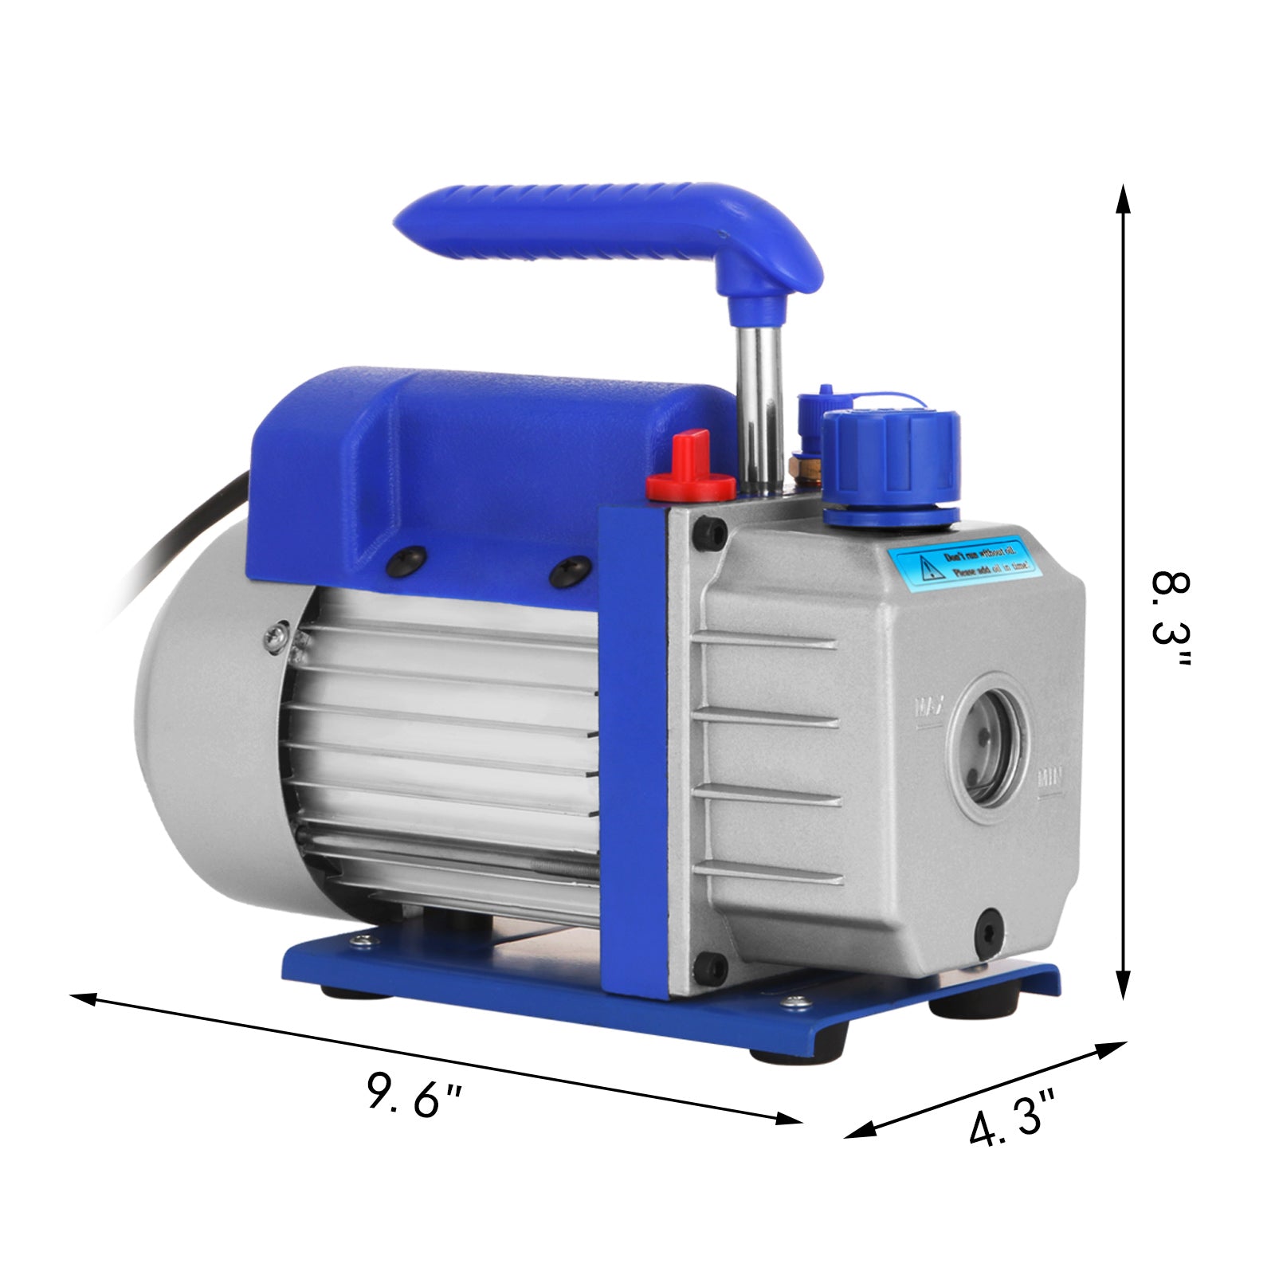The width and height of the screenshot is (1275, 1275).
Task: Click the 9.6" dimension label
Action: (414, 1096)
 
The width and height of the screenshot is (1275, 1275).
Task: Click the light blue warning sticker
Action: (965, 563)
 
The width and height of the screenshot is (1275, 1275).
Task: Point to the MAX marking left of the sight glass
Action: (929, 706)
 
